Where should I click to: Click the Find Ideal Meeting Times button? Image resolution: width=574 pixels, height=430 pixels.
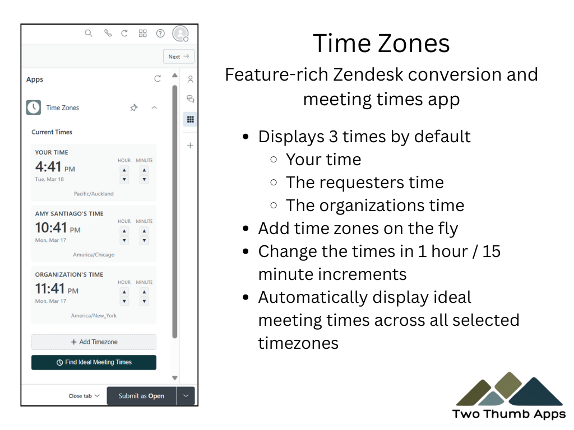[94, 362]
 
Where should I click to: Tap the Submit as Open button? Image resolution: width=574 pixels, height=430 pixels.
[141, 396]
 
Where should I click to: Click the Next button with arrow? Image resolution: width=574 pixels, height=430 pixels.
[179, 57]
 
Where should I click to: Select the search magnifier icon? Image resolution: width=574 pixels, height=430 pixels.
[89, 33]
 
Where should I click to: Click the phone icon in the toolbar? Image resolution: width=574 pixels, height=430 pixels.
[108, 33]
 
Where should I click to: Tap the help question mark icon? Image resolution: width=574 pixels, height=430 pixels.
[160, 34]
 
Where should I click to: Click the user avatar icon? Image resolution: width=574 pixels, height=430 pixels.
[180, 34]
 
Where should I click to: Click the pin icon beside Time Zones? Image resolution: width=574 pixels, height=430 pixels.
[134, 108]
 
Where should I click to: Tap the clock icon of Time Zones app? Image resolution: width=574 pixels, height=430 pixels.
[34, 107]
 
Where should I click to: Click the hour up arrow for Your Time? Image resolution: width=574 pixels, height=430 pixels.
[124, 170]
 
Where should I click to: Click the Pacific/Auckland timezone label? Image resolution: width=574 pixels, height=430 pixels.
[94, 194]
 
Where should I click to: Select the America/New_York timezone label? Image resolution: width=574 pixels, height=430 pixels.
[94, 316]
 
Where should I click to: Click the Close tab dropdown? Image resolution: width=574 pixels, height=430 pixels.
[84, 396]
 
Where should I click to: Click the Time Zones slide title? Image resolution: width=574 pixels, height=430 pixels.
[381, 43]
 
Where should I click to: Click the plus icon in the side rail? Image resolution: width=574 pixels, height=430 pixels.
[190, 146]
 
